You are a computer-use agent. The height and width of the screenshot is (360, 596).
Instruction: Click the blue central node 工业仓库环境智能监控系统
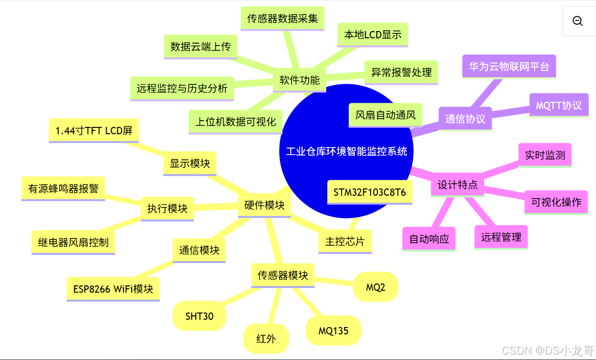click(346, 151)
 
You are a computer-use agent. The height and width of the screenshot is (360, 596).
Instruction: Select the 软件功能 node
click(299, 80)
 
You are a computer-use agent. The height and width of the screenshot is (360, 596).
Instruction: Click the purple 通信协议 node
click(465, 119)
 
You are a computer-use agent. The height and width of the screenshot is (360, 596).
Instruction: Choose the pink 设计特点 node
click(457, 185)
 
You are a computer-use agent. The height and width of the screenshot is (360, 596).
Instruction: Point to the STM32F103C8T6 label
click(369, 192)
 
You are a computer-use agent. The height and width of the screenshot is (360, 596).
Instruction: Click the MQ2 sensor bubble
click(376, 287)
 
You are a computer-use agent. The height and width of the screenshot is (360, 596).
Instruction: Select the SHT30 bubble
click(199, 316)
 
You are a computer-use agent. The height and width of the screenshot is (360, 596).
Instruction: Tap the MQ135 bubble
click(333, 331)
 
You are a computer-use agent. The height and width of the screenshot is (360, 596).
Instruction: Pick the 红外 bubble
click(266, 338)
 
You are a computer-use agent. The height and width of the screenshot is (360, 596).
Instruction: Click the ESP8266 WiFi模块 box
click(113, 289)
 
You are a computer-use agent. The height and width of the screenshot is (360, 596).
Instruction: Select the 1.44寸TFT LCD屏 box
click(94, 130)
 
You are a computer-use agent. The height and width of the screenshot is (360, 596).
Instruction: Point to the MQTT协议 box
click(558, 105)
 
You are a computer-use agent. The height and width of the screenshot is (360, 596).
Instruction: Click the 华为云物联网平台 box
click(508, 66)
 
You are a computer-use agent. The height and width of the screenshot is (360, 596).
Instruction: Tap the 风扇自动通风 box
click(385, 115)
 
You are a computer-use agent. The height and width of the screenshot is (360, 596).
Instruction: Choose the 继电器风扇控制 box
click(73, 242)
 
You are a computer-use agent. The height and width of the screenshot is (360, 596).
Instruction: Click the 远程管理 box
click(501, 237)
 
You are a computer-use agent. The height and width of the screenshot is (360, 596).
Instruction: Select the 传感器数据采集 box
click(282, 18)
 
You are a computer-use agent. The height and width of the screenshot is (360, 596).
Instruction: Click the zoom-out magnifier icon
click(577, 21)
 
